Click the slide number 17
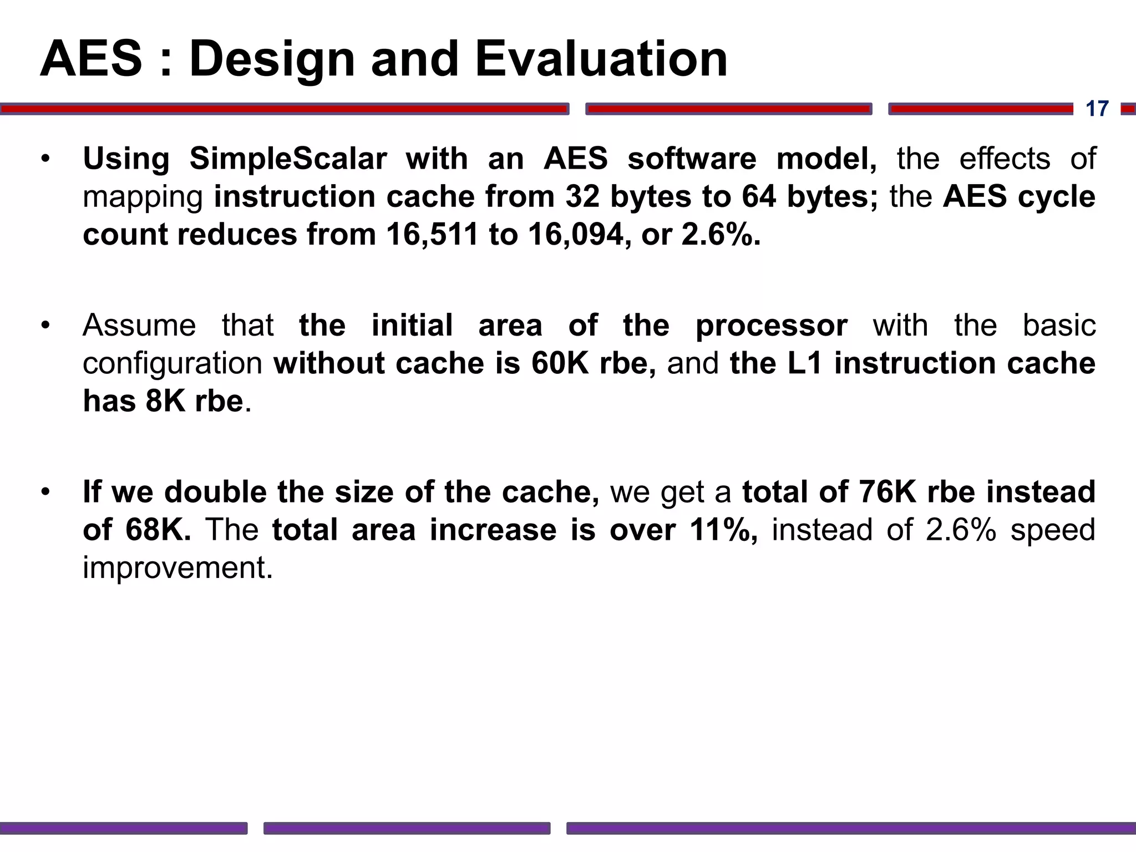(1097, 109)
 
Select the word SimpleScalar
(288, 159)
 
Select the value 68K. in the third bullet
(158, 530)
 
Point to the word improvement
(177, 568)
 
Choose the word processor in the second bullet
(772, 326)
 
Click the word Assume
(139, 326)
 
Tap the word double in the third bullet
(215, 492)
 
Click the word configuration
(173, 363)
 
